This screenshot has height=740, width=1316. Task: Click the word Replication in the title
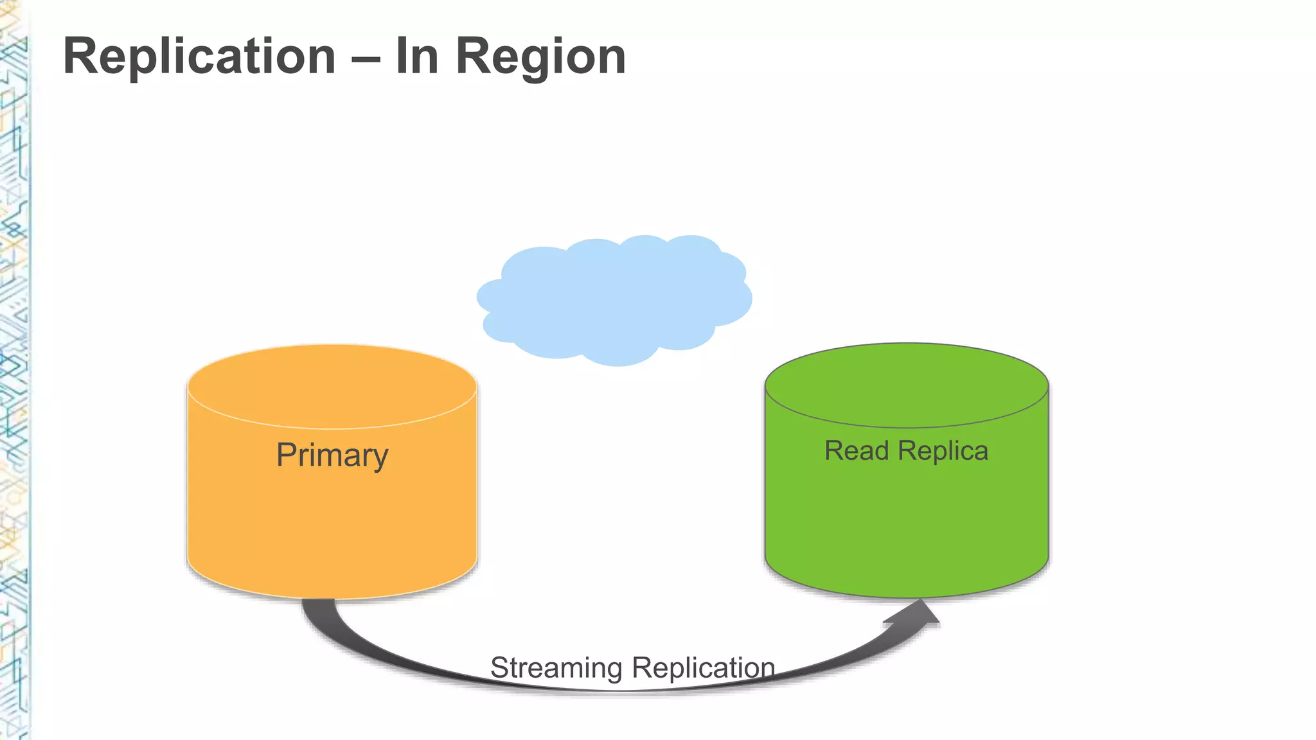click(x=199, y=57)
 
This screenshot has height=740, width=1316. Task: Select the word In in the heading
click(x=417, y=57)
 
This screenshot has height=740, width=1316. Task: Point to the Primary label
click(x=332, y=455)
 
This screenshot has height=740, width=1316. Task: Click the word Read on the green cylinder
click(x=857, y=450)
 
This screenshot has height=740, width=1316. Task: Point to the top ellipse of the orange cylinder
click(x=332, y=386)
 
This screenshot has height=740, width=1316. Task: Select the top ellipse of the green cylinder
click(x=907, y=385)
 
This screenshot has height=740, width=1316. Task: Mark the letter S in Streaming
click(x=499, y=668)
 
